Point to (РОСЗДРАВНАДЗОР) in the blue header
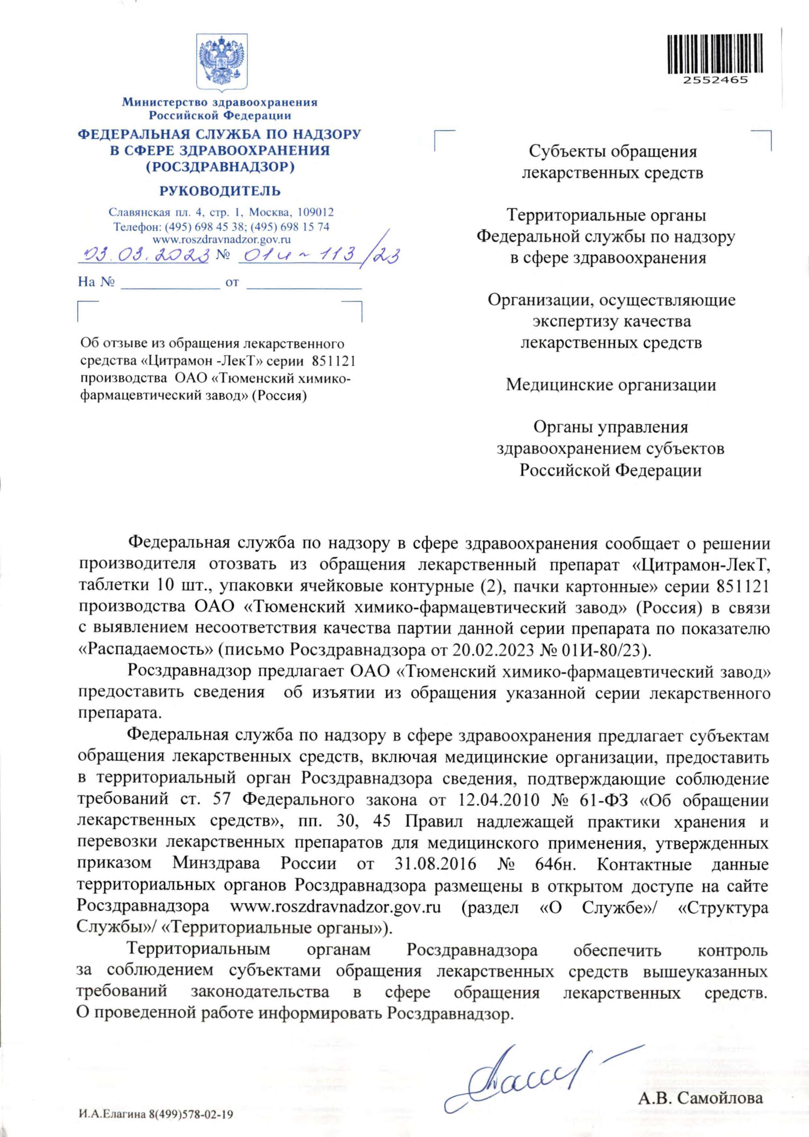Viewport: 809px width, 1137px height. [220, 167]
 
